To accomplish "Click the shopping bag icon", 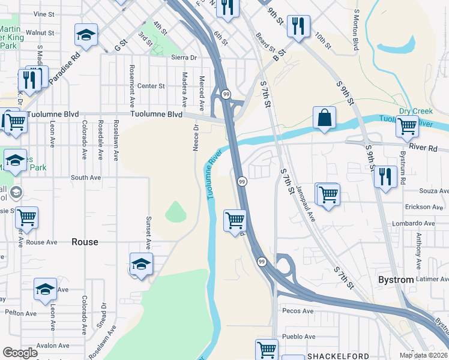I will [x=324, y=118].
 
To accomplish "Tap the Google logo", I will [x=20, y=353].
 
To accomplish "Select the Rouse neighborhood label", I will [x=85, y=242].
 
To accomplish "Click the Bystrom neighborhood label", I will [x=396, y=280].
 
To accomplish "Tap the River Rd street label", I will [x=423, y=147].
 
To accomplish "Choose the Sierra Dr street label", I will [x=184, y=58].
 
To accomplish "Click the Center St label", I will [x=151, y=86].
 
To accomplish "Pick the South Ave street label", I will [x=86, y=178].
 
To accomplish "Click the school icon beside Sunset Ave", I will [x=141, y=264].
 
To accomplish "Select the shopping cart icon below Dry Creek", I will [x=408, y=126].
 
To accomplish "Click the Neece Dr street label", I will [x=196, y=137].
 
